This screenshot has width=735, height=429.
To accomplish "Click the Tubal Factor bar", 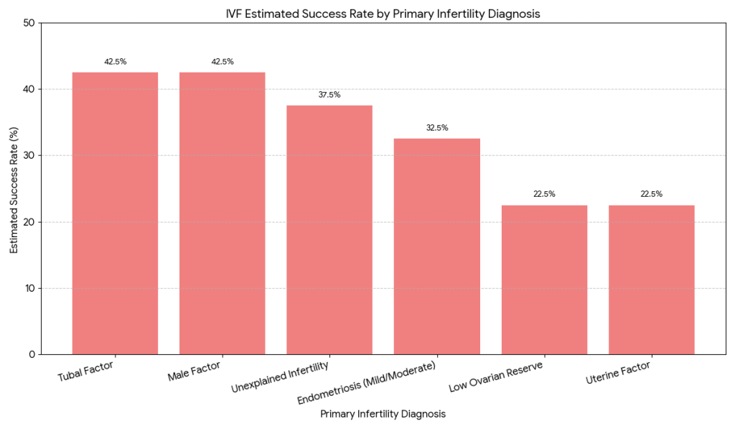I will [115, 213].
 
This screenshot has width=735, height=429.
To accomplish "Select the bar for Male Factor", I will [223, 213].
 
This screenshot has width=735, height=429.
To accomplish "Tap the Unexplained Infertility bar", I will [329, 230].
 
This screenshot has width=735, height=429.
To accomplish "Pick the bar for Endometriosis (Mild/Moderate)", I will [437, 246].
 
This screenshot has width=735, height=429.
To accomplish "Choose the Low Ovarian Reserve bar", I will [544, 280].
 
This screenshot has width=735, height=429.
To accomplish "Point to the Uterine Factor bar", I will [652, 280].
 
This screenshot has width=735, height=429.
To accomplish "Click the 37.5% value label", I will [329, 95].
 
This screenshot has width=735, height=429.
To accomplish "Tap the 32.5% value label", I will [437, 128].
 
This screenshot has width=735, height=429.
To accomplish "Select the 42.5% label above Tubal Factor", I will [115, 62].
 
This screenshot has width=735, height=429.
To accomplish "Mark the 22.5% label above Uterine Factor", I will [652, 194].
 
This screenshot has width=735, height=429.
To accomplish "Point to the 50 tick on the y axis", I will [29, 23].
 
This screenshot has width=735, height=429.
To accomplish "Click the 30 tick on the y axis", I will [29, 156].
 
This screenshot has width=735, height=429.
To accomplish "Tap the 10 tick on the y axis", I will [29, 288].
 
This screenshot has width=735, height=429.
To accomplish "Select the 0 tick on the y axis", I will [32, 354].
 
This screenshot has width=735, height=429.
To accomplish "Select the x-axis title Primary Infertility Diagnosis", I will [383, 414].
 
